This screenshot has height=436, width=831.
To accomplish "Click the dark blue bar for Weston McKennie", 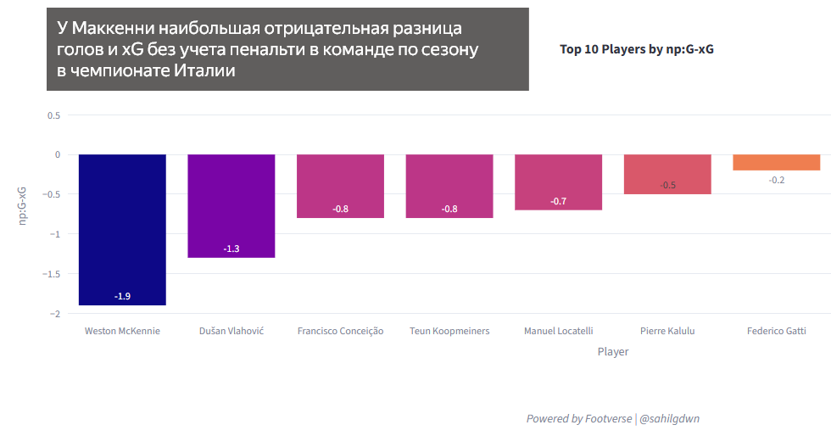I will (122, 229).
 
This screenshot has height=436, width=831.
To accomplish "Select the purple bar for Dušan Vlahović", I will (231, 205).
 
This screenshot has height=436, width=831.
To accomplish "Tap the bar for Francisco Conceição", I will (340, 186).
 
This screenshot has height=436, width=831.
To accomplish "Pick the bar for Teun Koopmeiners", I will (449, 186).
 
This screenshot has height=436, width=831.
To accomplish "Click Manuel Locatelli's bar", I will (558, 182).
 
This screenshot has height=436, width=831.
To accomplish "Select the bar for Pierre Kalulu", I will (667, 174).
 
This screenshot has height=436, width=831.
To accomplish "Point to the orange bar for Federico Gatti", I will (776, 162).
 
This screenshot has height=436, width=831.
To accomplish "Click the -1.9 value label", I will (122, 297).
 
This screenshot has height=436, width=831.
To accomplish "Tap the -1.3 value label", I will (231, 249).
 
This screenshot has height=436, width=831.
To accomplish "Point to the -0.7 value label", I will (558, 201).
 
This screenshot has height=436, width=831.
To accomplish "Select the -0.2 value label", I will (776, 180).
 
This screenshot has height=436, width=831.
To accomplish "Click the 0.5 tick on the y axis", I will (53, 115).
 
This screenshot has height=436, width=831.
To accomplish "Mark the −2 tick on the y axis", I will (55, 314).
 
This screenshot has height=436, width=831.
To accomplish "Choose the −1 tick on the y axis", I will (55, 234).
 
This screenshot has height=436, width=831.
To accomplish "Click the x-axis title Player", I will (612, 351).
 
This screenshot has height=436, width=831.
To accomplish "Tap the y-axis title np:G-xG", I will (23, 205).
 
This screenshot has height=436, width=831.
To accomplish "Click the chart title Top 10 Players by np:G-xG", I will (636, 49).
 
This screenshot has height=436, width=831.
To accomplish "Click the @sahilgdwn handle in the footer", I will (669, 419).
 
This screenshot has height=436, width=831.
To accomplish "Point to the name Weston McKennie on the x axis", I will (122, 331).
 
